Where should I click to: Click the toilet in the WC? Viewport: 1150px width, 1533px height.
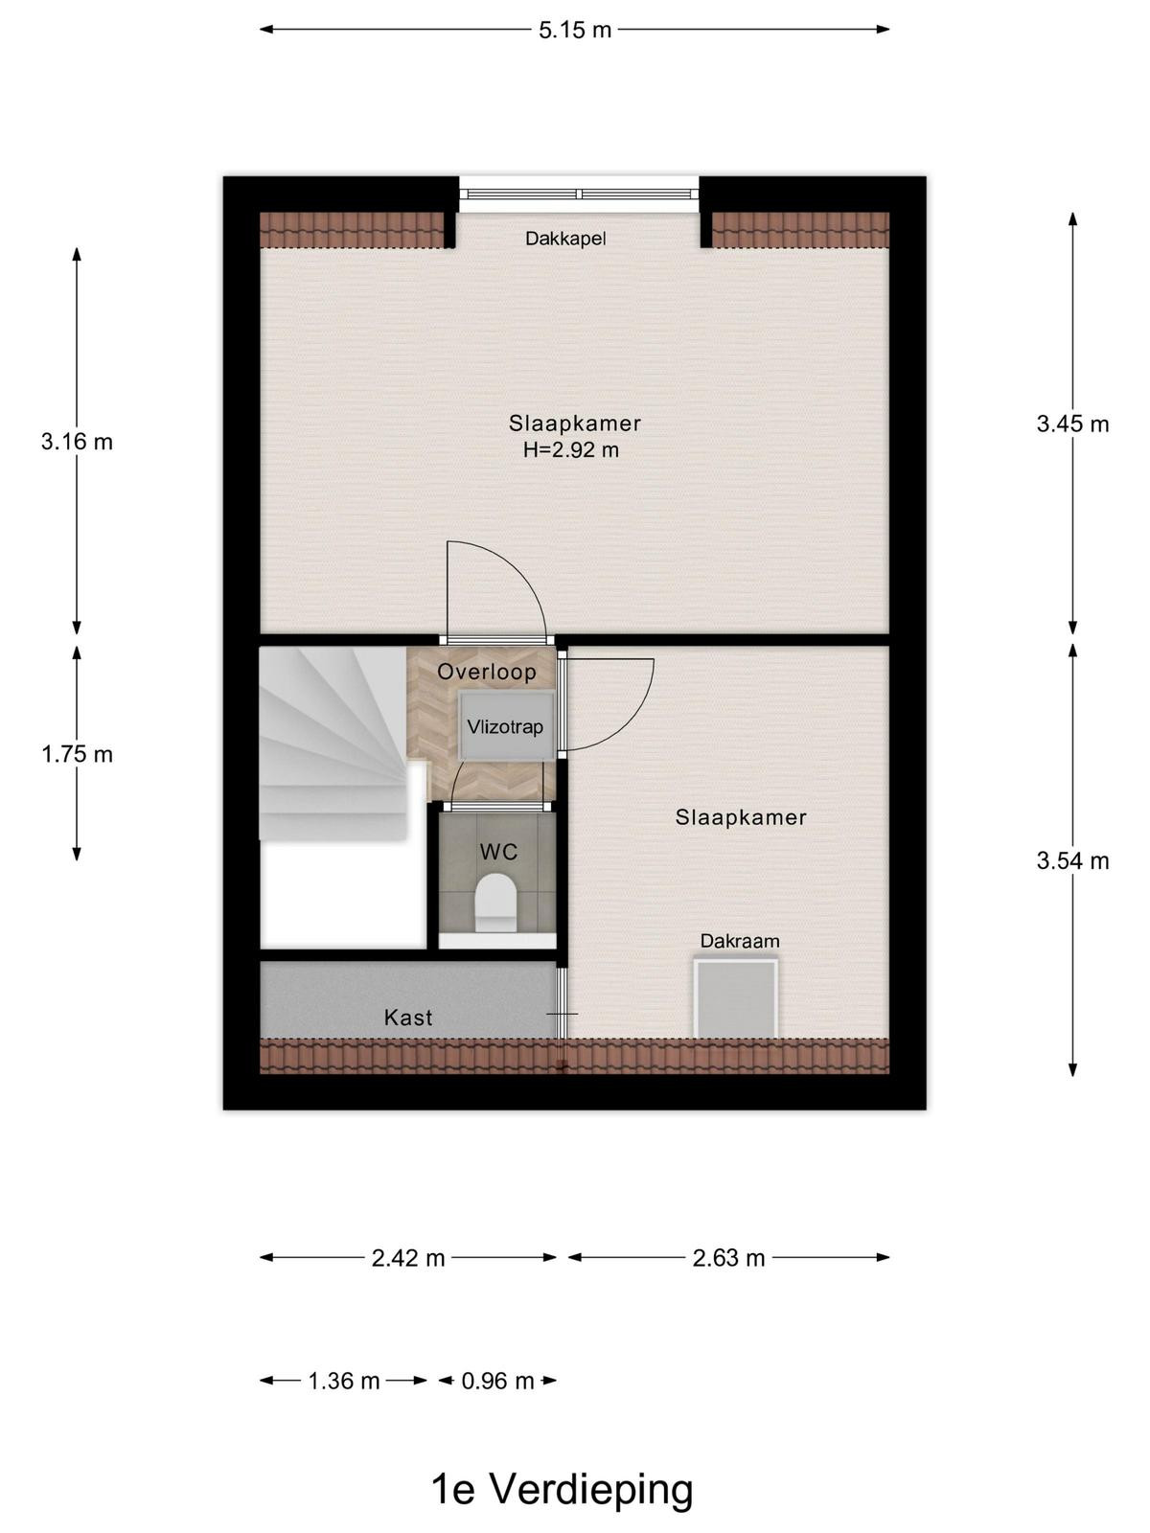pyautogui.click(x=495, y=903)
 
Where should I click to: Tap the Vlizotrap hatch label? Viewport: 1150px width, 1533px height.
pyautogui.click(x=505, y=727)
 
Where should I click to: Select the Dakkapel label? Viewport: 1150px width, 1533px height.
pyautogui.click(x=565, y=239)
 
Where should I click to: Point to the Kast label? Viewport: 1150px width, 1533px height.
pyautogui.click(x=408, y=1018)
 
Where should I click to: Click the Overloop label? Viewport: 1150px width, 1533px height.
pyautogui.click(x=487, y=672)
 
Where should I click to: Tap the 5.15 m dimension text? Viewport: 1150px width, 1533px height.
pyautogui.click(x=575, y=30)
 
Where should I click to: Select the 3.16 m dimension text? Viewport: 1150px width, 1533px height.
pyautogui.click(x=77, y=442)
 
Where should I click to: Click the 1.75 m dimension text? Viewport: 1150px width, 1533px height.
pyautogui.click(x=77, y=754)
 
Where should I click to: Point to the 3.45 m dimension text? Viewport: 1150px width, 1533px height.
pyautogui.click(x=1072, y=423)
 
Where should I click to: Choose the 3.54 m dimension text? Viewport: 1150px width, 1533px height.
pyautogui.click(x=1072, y=861)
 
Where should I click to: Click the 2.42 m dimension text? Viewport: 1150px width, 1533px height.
pyautogui.click(x=408, y=1258)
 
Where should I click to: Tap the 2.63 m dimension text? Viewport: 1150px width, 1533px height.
pyautogui.click(x=729, y=1258)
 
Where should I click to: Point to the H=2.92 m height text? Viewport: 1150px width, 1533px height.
pyautogui.click(x=571, y=450)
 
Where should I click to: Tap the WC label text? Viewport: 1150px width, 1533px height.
pyautogui.click(x=498, y=852)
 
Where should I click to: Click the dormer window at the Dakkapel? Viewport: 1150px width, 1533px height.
pyautogui.click(x=579, y=194)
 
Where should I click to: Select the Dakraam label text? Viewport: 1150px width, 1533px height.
pyautogui.click(x=740, y=942)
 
